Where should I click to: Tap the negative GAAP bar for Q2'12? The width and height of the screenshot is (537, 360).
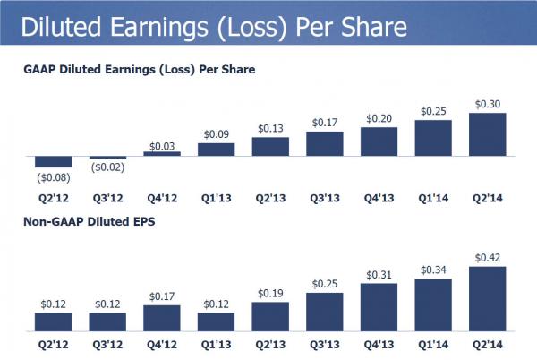click(x=53, y=162)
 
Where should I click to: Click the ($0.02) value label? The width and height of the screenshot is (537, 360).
click(x=107, y=167)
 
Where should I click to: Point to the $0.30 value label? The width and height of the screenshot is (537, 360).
click(x=488, y=103)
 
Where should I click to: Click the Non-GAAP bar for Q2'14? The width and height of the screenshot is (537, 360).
click(x=488, y=299)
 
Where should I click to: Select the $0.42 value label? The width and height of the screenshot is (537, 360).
click(x=488, y=257)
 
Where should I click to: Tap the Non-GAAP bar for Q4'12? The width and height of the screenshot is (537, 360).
click(x=162, y=318)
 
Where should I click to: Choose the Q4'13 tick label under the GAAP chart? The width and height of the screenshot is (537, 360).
click(x=379, y=191)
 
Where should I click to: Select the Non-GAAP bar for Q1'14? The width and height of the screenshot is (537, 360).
click(x=433, y=304)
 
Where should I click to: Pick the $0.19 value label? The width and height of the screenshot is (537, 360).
click(x=270, y=293)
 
